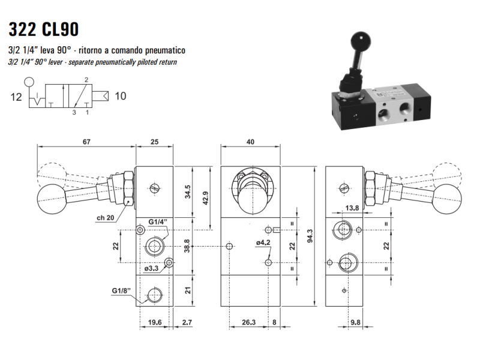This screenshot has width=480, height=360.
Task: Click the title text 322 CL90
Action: [43, 29]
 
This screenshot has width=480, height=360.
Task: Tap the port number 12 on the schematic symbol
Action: [16, 96]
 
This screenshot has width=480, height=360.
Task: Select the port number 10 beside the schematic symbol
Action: [120, 95]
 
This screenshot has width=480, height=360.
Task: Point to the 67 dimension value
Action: [86, 142]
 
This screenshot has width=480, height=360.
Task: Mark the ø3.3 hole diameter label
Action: [152, 268]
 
